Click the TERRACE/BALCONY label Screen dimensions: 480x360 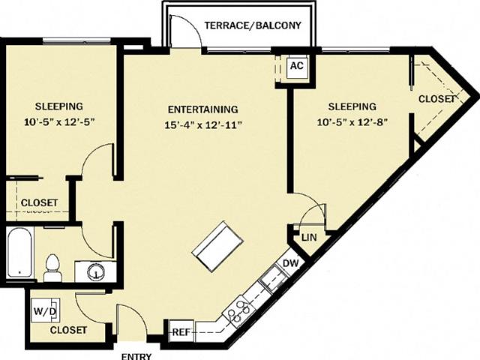253,25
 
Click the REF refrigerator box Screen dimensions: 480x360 181,331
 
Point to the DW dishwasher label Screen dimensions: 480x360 290,263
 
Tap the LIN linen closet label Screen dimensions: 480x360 309,238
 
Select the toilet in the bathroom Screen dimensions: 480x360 53,268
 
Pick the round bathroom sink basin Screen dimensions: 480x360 96,271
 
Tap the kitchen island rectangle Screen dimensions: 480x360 218,246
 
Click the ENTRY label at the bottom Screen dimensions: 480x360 136,357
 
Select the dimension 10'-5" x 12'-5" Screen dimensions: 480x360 58,122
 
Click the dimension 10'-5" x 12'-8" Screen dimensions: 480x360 352,122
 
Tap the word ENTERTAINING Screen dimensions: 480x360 203,109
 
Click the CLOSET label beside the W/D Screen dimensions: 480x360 68,330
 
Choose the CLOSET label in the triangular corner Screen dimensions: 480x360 436,99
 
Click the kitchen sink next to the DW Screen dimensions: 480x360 273,279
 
